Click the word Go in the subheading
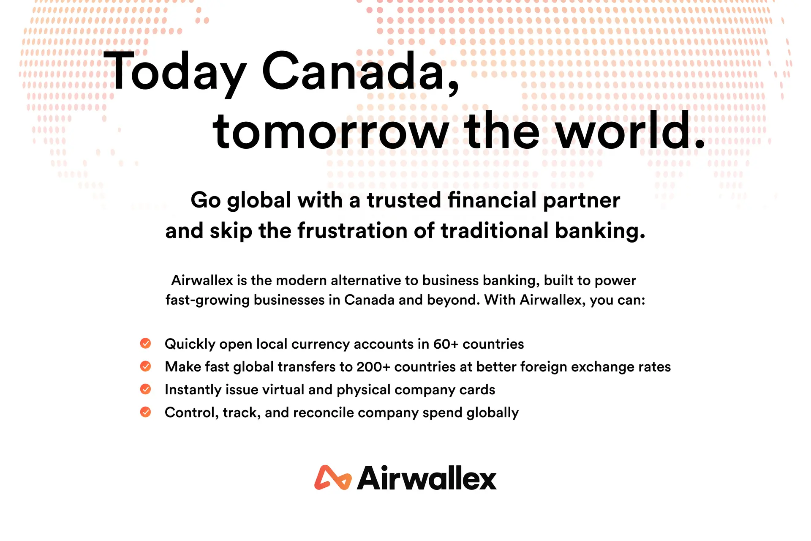tap(206, 200)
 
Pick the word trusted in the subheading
tap(404, 200)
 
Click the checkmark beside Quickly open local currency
tap(146, 343)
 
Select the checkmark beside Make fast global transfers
tap(146, 366)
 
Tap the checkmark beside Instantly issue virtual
tap(146, 389)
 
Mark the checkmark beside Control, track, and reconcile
tap(146, 412)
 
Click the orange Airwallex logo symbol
tap(333, 478)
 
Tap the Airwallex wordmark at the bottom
tap(427, 478)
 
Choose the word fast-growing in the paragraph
tap(208, 301)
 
